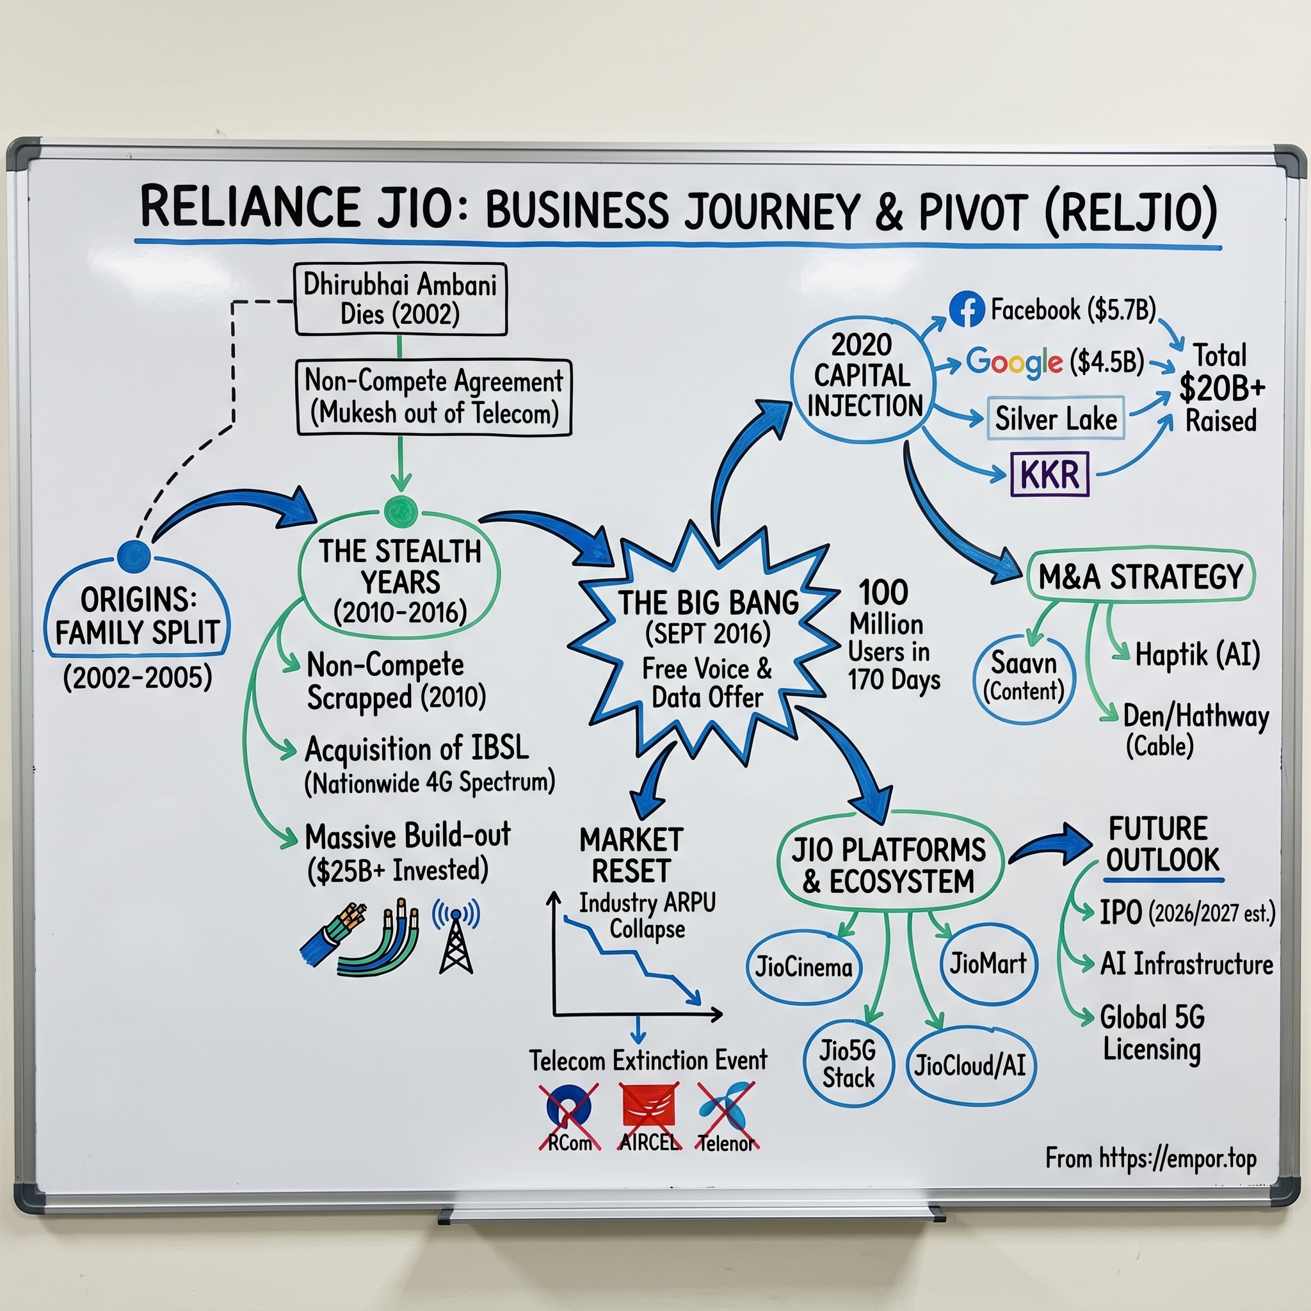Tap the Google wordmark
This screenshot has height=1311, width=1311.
[1014, 362]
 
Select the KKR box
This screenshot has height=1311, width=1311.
[1049, 474]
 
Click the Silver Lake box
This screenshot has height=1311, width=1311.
[1055, 419]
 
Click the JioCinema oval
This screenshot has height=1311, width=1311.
[803, 967]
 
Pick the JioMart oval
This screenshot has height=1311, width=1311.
[988, 963]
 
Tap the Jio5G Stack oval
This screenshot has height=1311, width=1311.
[848, 1064]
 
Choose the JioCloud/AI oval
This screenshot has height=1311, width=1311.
[970, 1065]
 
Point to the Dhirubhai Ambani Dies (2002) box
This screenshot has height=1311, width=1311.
[400, 299]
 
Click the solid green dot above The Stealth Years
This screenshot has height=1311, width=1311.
[400, 512]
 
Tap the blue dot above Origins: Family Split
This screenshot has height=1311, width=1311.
[134, 556]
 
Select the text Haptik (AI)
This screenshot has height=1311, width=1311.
[1198, 655]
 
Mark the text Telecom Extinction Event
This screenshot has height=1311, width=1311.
[648, 1061]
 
